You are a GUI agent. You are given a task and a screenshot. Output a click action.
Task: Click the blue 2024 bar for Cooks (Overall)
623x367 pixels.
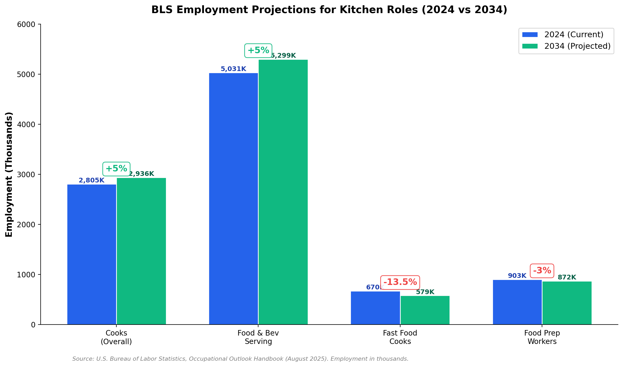(x=92, y=254)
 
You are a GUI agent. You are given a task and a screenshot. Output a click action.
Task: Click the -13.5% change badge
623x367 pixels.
(x=400, y=282)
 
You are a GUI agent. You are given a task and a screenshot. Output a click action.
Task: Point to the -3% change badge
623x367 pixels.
(x=542, y=271)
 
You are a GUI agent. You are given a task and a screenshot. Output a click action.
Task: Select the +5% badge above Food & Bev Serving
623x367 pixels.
(x=258, y=50)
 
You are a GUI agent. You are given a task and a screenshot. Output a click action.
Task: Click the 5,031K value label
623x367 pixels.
(x=233, y=69)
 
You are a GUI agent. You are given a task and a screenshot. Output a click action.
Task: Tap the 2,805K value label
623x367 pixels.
(x=91, y=180)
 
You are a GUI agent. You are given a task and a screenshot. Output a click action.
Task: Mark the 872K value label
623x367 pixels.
(x=567, y=277)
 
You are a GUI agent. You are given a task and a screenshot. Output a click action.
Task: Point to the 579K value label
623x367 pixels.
(x=425, y=292)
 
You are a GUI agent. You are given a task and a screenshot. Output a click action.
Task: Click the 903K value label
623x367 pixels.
(x=517, y=276)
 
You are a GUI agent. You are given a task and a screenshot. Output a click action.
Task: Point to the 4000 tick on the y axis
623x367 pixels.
(x=26, y=125)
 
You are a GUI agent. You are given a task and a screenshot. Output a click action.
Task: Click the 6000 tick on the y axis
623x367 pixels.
(x=26, y=24)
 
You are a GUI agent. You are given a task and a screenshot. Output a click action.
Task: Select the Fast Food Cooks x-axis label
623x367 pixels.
(x=400, y=337)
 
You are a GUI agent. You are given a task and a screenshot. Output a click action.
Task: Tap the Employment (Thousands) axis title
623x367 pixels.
(x=9, y=174)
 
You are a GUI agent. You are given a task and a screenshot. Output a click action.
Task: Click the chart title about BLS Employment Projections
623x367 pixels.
(x=329, y=10)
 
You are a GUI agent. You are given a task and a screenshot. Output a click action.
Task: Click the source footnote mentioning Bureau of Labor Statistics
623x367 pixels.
(x=240, y=359)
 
